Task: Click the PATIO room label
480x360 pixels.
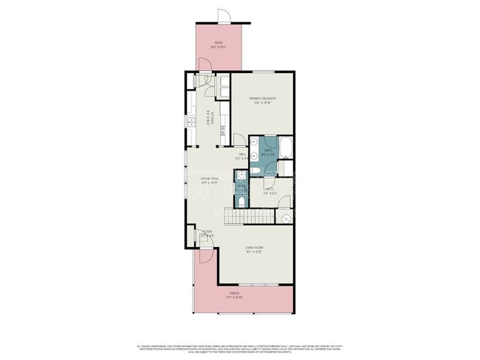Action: click(x=219, y=44)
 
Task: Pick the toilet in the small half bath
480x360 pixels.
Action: click(x=242, y=200)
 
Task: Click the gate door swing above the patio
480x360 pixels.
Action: click(x=224, y=15)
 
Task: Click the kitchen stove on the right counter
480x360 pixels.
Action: click(x=222, y=130)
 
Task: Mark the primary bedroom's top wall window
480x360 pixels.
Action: click(x=262, y=72)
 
